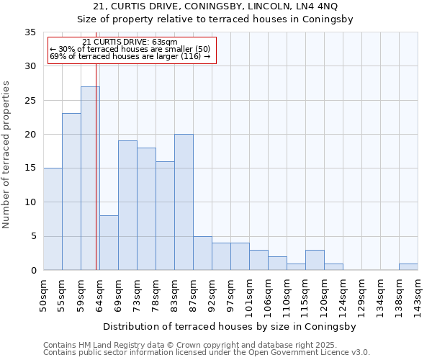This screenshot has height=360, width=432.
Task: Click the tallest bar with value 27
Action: tap(90, 179)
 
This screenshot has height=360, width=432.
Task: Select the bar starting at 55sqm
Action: tap(71, 192)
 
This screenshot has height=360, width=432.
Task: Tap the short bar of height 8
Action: tap(109, 243)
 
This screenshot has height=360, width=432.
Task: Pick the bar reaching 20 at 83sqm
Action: tap(184, 202)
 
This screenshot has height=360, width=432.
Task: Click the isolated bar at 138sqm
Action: tap(408, 267)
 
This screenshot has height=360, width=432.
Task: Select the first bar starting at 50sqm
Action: tap(53, 219)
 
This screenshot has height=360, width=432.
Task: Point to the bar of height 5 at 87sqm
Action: tap(202, 253)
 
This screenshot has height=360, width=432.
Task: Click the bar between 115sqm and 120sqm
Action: tap(315, 260)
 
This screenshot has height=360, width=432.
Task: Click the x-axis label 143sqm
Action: tap(418, 295)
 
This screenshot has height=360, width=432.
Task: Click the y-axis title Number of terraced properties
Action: tap(6, 155)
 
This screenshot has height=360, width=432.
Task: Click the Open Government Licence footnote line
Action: tap(207, 353)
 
